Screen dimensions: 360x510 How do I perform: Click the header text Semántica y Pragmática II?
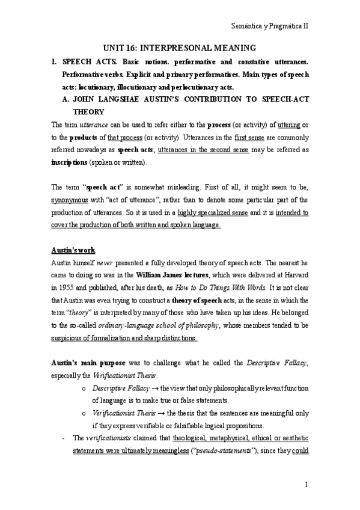tap(270, 27)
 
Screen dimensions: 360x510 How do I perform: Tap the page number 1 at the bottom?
tap(306, 484)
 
